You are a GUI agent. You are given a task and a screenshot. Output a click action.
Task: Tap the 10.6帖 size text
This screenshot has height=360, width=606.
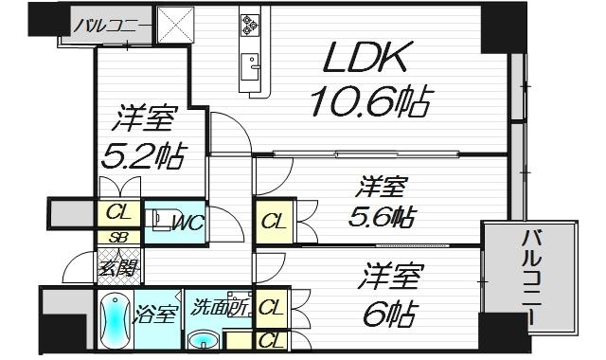369,99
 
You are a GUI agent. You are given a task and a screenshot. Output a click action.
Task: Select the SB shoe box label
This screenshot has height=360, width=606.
119,238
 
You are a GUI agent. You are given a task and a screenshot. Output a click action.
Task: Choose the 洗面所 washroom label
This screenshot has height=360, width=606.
221,309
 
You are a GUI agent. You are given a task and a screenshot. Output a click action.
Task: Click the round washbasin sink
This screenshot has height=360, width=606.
204,339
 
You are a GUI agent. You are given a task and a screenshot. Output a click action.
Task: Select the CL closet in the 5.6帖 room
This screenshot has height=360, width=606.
273,223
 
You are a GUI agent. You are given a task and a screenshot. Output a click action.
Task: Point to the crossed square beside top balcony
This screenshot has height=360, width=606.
175,26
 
